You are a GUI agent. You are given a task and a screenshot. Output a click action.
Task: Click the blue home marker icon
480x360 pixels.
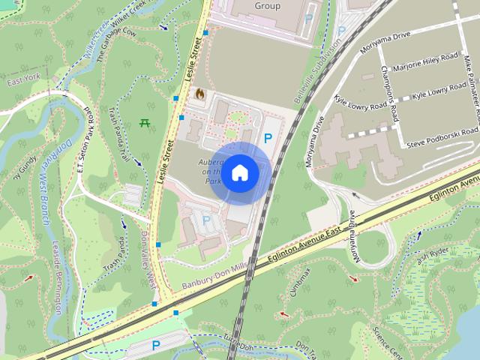coord(239,173)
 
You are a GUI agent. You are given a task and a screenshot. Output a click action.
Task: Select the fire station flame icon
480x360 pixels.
coord(200,94)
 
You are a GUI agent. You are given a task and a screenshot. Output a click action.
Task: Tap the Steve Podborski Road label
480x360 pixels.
coord(442,139)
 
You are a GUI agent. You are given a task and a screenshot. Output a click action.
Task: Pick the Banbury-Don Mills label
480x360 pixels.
coord(214,277)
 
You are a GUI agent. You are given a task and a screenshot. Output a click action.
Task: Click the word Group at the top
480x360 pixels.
coord(267,6)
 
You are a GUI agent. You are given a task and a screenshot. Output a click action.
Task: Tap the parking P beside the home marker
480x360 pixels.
coord(268,138)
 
